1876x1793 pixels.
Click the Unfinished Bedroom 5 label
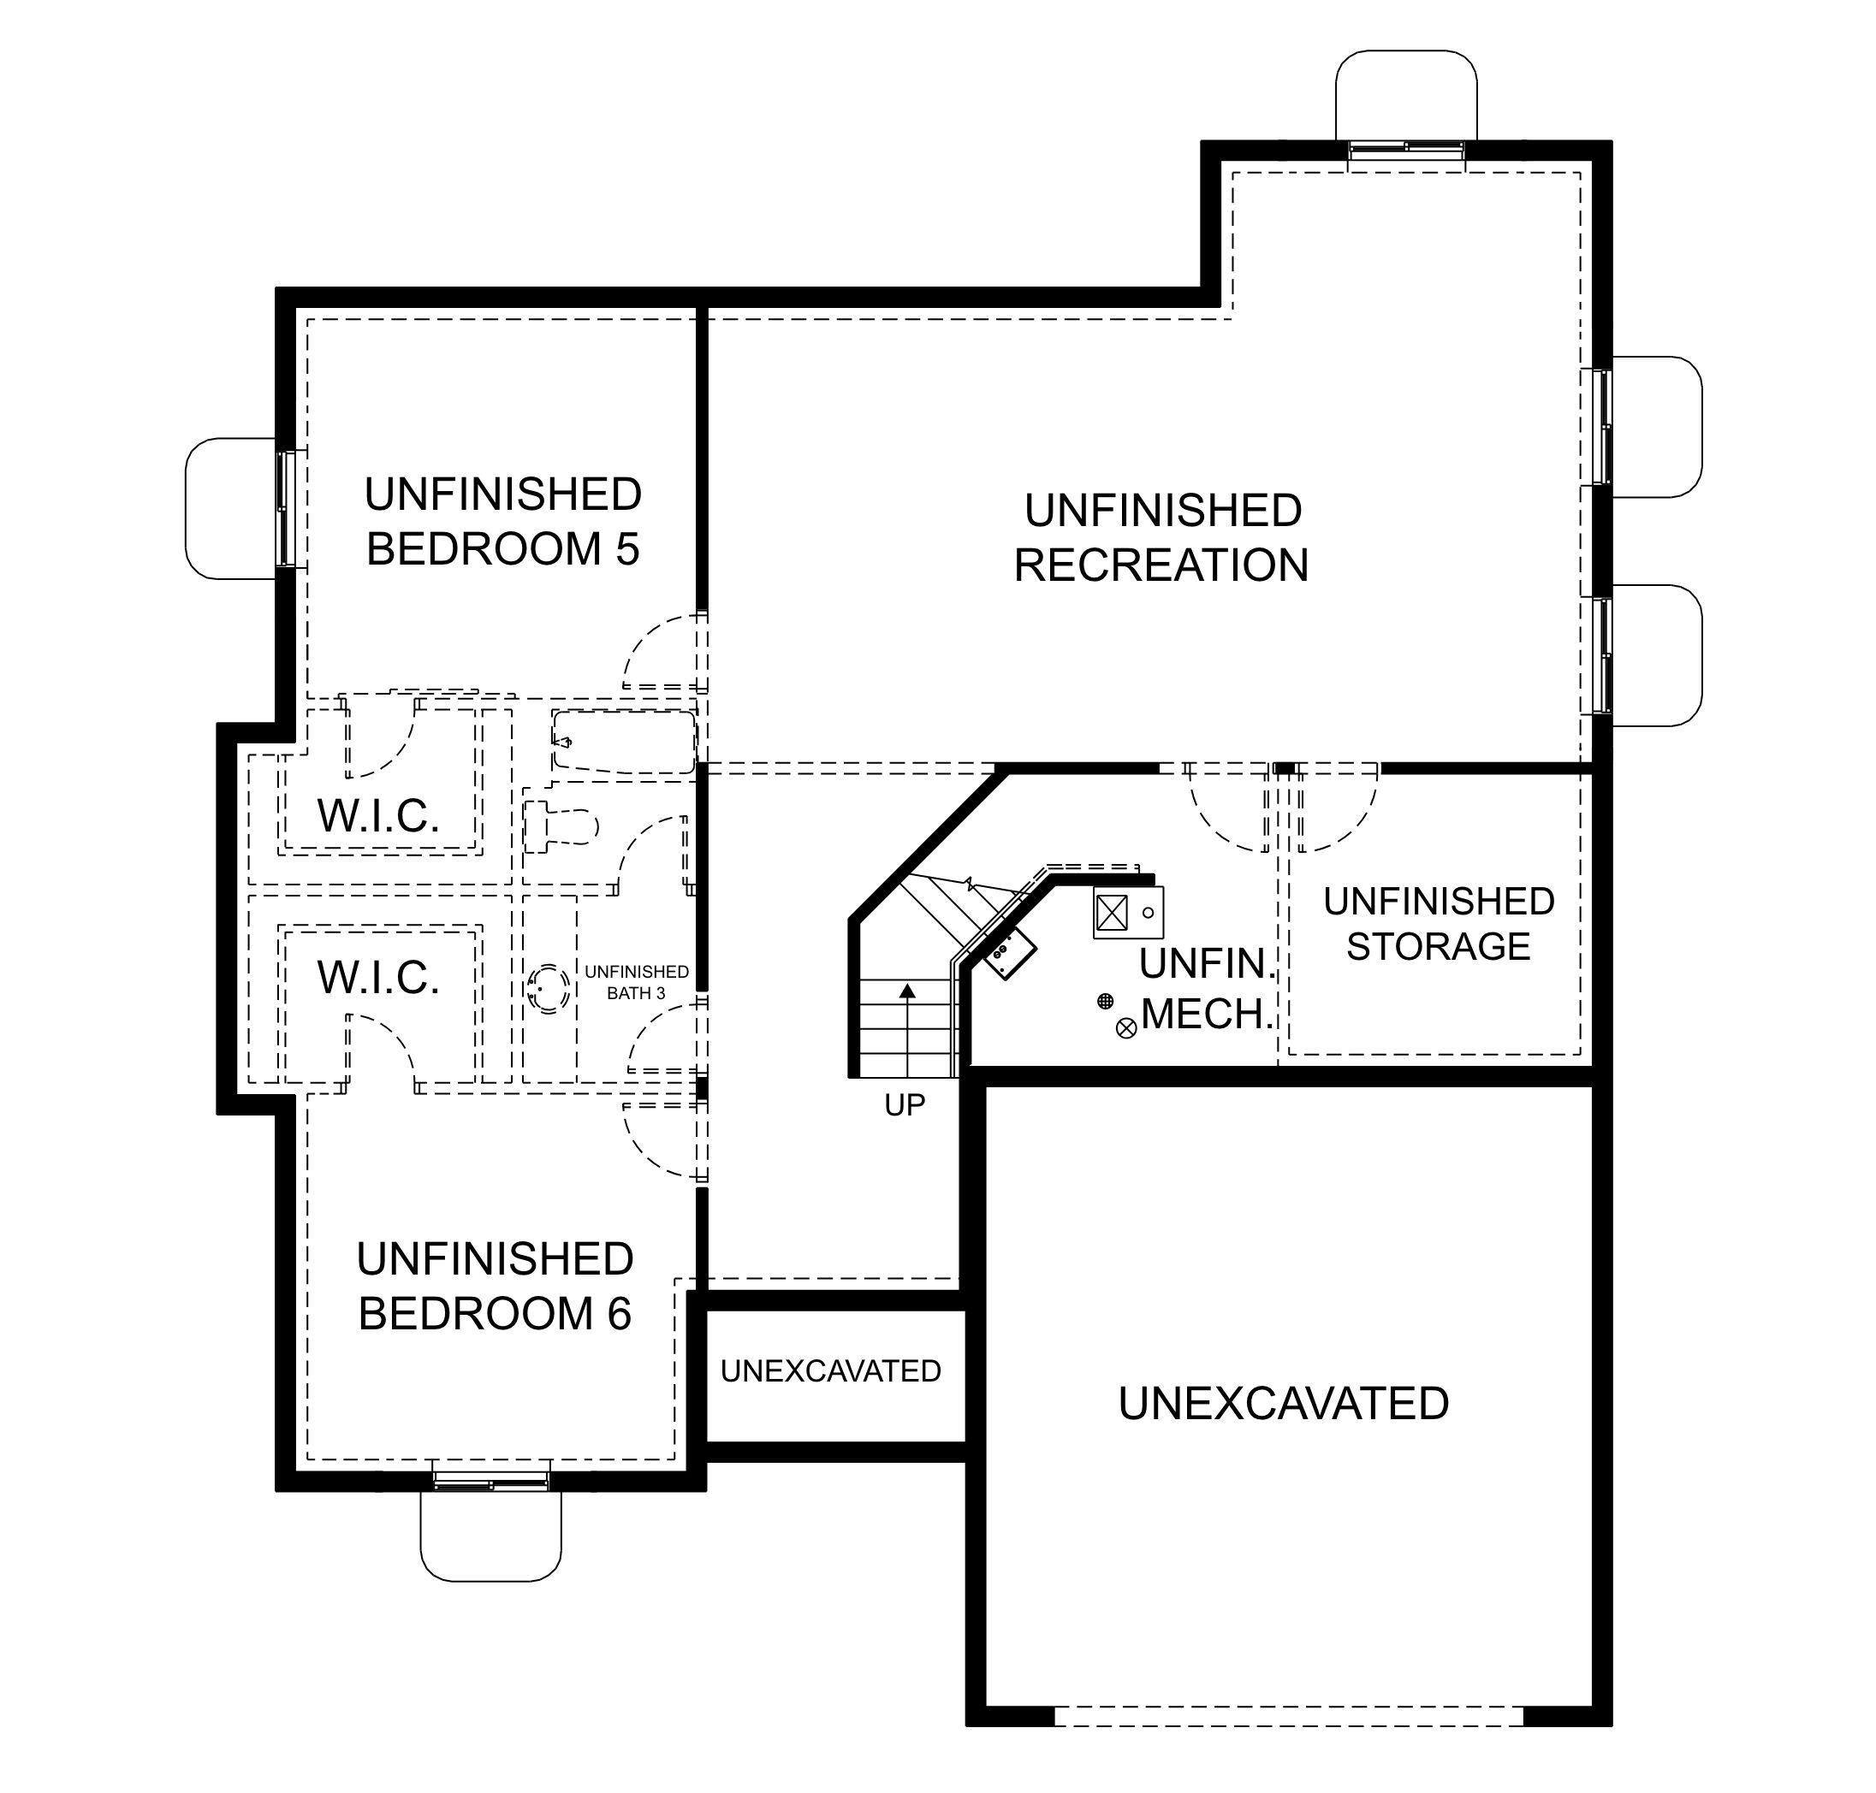[x=502, y=522]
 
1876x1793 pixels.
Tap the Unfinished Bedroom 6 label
[x=495, y=1287]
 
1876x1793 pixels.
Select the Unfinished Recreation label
[x=1161, y=538]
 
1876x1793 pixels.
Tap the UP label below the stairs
[x=905, y=1105]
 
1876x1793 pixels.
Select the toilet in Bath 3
[x=561, y=825]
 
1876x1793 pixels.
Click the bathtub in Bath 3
[x=623, y=742]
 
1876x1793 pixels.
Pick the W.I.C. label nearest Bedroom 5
[x=378, y=816]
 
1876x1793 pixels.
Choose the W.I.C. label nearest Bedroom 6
[x=378, y=978]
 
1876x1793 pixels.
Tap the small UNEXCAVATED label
[x=831, y=1370]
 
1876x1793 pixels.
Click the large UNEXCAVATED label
[x=1283, y=1403]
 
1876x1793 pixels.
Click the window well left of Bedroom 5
[x=232, y=508]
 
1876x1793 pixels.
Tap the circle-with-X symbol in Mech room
[x=1126, y=1028]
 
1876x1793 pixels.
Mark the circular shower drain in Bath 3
[x=549, y=988]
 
